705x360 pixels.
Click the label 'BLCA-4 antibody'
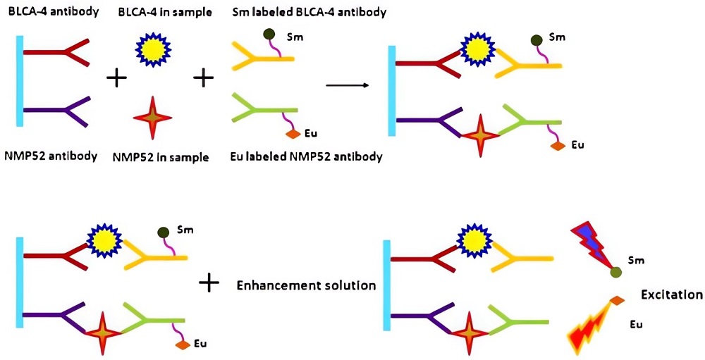(x=52, y=13)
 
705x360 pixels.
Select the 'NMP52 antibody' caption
(x=52, y=156)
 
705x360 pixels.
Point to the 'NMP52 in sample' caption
(x=161, y=157)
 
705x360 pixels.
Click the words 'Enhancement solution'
(x=306, y=285)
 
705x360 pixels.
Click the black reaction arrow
(x=348, y=85)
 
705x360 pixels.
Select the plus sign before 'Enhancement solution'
(x=209, y=283)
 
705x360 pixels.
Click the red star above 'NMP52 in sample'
(x=153, y=116)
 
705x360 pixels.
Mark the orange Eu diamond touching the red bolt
(x=618, y=302)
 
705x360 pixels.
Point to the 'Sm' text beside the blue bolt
(x=639, y=261)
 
